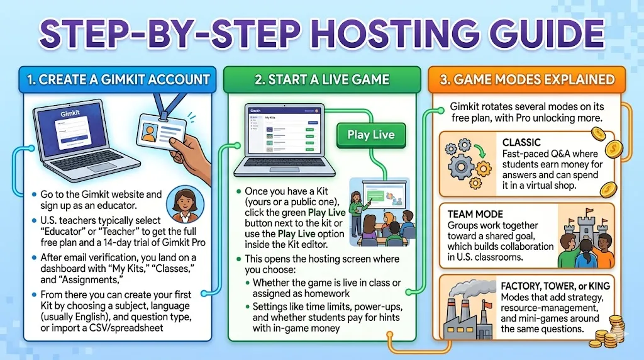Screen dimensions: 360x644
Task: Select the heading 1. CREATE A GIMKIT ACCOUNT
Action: (118, 80)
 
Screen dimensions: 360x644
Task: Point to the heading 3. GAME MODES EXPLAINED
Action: (527, 80)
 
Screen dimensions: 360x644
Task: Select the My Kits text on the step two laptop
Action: (270, 117)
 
